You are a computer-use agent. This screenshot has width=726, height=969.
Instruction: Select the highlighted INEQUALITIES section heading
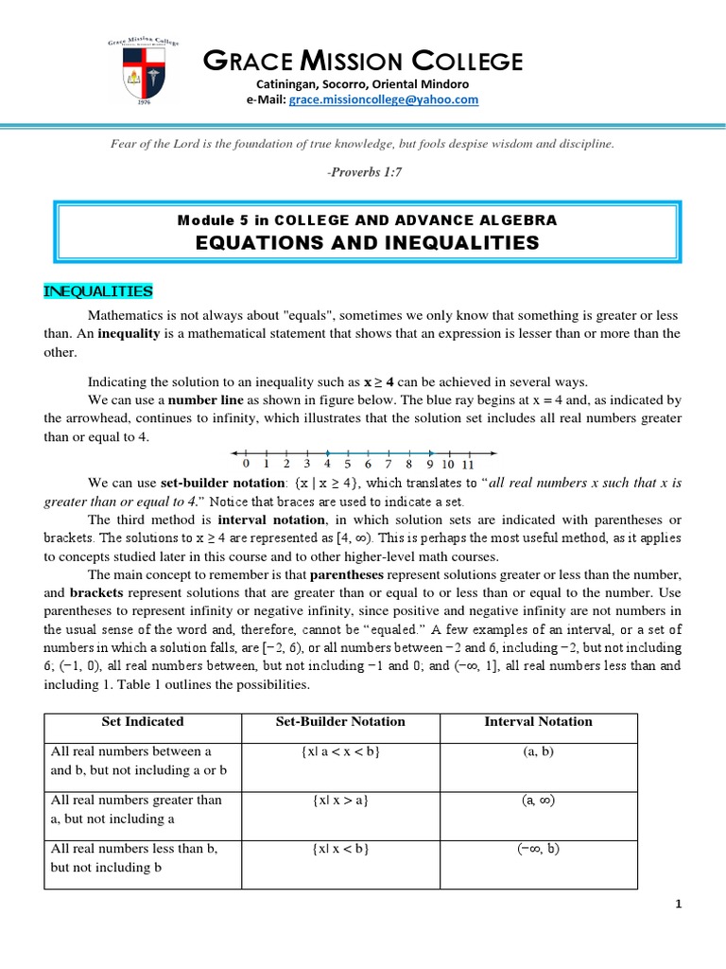pos(97,291)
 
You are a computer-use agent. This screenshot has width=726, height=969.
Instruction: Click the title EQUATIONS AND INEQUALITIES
pos(367,242)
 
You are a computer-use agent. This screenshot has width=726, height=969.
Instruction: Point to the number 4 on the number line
pos(327,464)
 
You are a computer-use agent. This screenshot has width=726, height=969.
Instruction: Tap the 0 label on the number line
pos(246,464)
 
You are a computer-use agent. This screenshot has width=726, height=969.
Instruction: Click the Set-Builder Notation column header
pos(340,721)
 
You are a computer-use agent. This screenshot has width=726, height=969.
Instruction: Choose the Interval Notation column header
pos(538,721)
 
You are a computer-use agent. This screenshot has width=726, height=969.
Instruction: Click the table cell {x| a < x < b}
pos(340,750)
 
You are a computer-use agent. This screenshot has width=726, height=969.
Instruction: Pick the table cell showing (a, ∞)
pos(538,800)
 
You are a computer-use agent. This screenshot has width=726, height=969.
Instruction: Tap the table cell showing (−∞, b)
pos(538,849)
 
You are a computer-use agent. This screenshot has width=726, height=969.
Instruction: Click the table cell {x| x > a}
pos(340,800)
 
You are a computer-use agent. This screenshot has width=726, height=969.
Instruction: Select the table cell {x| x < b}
pos(340,849)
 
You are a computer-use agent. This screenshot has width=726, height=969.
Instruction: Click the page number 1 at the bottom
pos(678,904)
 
